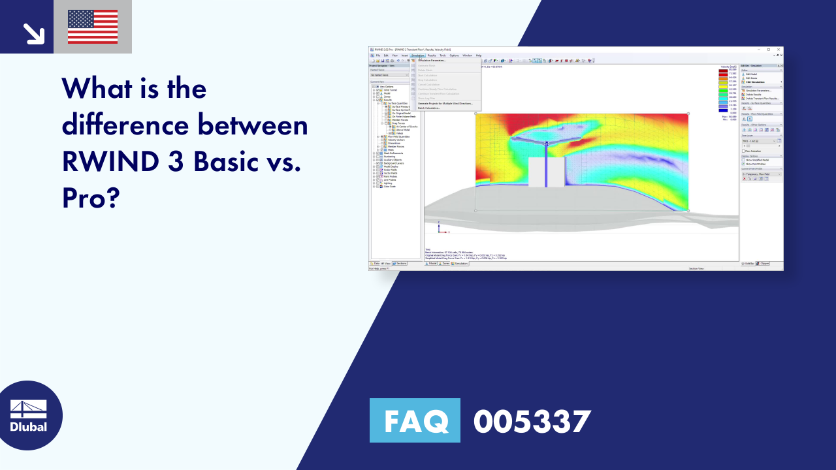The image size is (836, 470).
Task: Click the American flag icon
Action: coord(93,27)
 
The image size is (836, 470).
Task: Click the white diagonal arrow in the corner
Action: coord(33,33)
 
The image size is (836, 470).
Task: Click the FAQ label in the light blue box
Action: coord(415,420)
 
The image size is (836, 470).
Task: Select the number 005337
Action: coord(532,420)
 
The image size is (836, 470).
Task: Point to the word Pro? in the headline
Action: coord(91,198)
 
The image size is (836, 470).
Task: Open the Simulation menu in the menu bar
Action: coord(417,55)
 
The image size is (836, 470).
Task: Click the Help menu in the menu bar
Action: coord(478,55)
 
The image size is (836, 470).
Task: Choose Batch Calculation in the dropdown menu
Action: coord(429,108)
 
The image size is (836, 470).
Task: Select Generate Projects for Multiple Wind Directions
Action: coord(445,103)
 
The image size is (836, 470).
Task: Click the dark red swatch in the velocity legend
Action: coord(723,70)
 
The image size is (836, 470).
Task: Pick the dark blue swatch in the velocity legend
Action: coord(723,110)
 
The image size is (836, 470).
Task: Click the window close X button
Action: coord(779,50)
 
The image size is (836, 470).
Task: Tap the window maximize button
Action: coord(769,50)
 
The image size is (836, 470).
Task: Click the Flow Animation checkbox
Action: coord(744,151)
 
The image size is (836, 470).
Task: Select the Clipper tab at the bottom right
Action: coord(763,263)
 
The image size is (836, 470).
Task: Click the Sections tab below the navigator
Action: coord(399,263)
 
